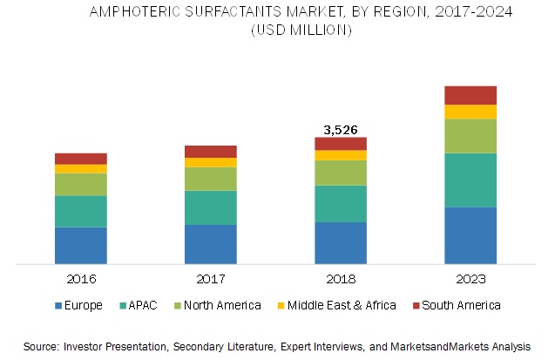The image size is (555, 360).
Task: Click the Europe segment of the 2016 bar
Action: (x=80, y=245)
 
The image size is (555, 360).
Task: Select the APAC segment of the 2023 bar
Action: (x=470, y=180)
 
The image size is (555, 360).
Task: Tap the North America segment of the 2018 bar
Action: (x=340, y=173)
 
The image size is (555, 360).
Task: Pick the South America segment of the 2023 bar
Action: (x=470, y=95)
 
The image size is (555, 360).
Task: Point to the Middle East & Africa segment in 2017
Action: (x=210, y=162)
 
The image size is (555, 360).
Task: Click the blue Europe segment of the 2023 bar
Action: (x=470, y=234)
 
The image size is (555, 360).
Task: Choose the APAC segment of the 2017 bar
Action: (x=210, y=207)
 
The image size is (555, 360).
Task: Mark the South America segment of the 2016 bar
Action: (x=80, y=159)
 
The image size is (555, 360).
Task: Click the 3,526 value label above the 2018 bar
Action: (x=340, y=130)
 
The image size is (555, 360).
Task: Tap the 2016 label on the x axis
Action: (x=80, y=279)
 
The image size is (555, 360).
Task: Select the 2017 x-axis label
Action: (x=210, y=279)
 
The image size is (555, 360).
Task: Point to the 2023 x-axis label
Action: (x=470, y=279)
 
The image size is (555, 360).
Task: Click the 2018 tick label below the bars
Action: (x=340, y=279)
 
